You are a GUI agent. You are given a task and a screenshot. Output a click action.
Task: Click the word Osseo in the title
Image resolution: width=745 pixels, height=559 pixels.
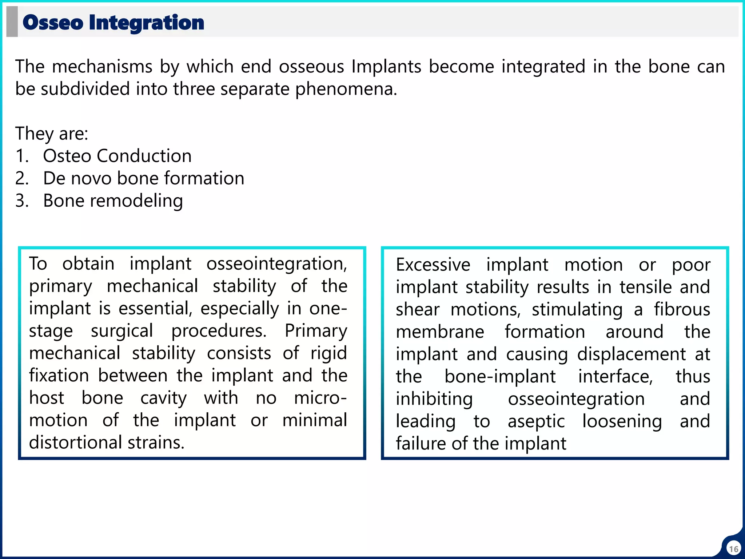click(x=53, y=23)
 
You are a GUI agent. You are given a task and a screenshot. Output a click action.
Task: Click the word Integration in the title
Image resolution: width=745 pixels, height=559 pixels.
click(x=146, y=23)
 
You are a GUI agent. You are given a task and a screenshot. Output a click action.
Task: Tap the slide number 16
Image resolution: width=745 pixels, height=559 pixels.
click(x=733, y=549)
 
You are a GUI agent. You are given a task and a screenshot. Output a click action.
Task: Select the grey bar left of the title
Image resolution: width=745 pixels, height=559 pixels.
click(x=12, y=22)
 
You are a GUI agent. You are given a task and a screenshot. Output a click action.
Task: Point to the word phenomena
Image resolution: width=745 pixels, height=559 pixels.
click(x=346, y=89)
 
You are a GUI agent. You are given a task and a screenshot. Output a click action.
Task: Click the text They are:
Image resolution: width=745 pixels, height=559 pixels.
click(x=52, y=134)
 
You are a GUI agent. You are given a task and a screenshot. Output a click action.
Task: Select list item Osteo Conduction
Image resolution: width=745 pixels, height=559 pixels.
click(x=117, y=156)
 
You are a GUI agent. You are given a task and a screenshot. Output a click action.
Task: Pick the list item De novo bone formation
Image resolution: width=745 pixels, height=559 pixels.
click(x=143, y=178)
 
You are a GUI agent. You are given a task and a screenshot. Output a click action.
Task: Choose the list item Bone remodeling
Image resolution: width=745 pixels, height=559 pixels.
click(x=113, y=201)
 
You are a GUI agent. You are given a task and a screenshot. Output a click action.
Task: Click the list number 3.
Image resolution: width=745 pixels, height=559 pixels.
click(x=21, y=201)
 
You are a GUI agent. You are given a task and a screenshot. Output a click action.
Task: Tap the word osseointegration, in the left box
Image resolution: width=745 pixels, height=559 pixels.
click(x=277, y=264)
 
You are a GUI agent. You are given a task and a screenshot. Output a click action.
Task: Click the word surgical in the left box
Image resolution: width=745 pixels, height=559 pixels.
click(x=122, y=331)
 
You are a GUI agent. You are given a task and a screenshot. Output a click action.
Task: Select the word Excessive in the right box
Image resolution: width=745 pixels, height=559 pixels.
click(x=433, y=265)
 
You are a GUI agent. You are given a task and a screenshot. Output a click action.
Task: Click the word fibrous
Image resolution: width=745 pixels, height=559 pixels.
click(x=682, y=310)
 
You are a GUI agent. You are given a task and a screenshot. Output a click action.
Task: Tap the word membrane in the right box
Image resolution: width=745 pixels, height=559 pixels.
click(x=440, y=332)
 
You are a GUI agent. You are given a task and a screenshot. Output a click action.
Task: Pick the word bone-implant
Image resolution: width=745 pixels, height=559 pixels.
click(x=500, y=377)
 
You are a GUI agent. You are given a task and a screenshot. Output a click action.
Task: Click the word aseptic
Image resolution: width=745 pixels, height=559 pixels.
click(x=536, y=421)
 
